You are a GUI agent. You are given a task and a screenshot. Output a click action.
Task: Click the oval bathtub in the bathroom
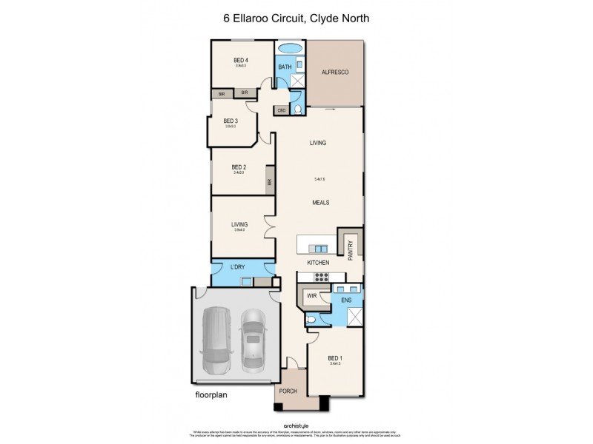click(x=289, y=50)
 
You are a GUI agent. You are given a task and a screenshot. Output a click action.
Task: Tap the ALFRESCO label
click(x=334, y=72)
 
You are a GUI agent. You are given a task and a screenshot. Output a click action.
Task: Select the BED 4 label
click(x=241, y=60)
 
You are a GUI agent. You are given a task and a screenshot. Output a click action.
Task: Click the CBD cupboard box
click(x=282, y=110)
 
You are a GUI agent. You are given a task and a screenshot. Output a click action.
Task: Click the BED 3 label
click(x=231, y=121)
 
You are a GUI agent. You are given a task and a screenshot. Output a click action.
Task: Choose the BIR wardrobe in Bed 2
click(x=270, y=181)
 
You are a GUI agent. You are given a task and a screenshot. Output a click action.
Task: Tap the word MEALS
click(x=320, y=202)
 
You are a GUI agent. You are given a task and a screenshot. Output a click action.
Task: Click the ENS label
click(x=345, y=301)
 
